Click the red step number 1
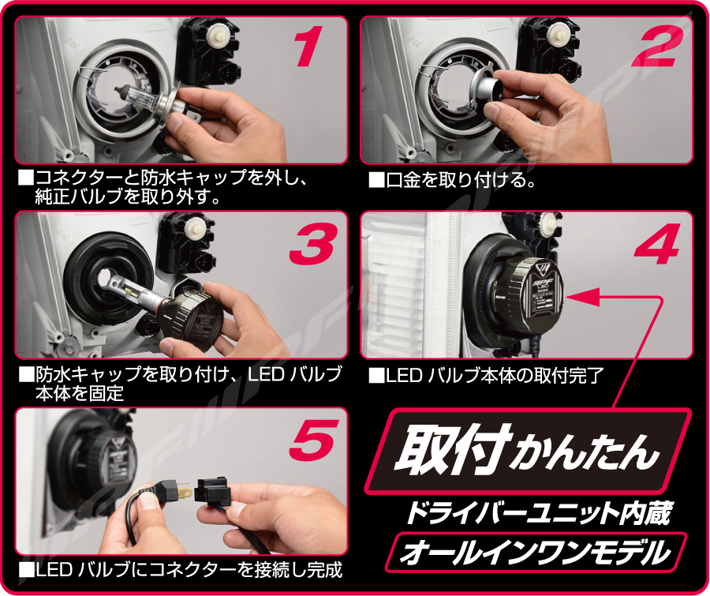(x=308, y=47)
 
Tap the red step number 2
(x=652, y=47)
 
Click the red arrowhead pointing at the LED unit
(x=583, y=297)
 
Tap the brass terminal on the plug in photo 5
(x=184, y=490)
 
